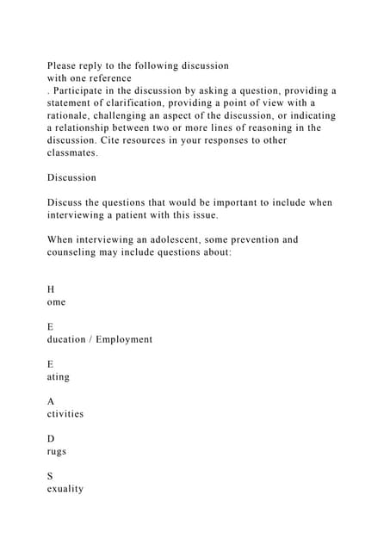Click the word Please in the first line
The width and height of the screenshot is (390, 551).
point(64,65)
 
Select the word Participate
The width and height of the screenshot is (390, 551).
point(85,90)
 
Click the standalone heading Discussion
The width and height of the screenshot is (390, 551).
point(71,177)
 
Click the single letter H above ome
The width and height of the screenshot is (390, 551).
point(51,290)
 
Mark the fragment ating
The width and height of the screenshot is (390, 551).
point(59,377)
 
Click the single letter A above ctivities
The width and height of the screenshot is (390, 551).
point(51,402)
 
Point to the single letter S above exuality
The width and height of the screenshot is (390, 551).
point(51,476)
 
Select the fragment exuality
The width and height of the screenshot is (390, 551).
point(65,489)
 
